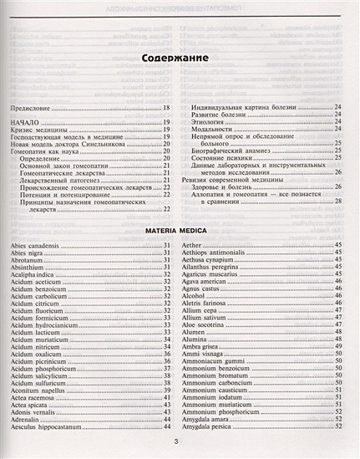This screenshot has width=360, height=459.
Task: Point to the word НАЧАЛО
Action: coord(25,122)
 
